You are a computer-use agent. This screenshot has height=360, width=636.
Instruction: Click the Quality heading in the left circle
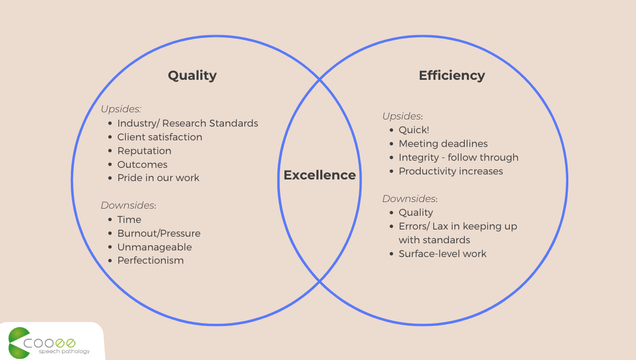tap(192, 75)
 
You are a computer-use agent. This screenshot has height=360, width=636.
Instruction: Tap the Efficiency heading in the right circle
tap(452, 75)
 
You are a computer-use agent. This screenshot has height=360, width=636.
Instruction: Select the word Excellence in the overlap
tap(320, 175)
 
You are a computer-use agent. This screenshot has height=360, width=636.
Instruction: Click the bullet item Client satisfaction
tap(160, 137)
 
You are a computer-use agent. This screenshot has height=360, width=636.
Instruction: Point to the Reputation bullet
tap(144, 151)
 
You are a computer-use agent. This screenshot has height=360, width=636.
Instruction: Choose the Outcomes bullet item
tap(142, 165)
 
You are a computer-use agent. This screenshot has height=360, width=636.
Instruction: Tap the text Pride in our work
tap(158, 178)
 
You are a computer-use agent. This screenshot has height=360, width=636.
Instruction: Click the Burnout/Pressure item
tap(158, 233)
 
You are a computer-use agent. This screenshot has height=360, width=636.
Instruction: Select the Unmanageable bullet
tap(155, 247)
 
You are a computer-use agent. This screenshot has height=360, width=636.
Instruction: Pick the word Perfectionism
tap(150, 260)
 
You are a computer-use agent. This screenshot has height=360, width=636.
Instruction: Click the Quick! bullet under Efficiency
tap(414, 130)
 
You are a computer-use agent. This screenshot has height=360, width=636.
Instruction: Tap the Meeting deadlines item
tap(443, 144)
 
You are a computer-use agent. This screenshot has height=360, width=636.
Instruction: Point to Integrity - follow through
tap(458, 157)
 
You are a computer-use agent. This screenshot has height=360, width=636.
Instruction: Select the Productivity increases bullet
tap(451, 171)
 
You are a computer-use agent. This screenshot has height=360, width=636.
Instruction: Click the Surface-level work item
tap(442, 254)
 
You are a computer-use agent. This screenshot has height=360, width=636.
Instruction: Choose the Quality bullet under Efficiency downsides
tap(415, 212)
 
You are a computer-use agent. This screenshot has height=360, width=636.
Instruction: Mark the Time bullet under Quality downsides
tap(129, 220)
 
